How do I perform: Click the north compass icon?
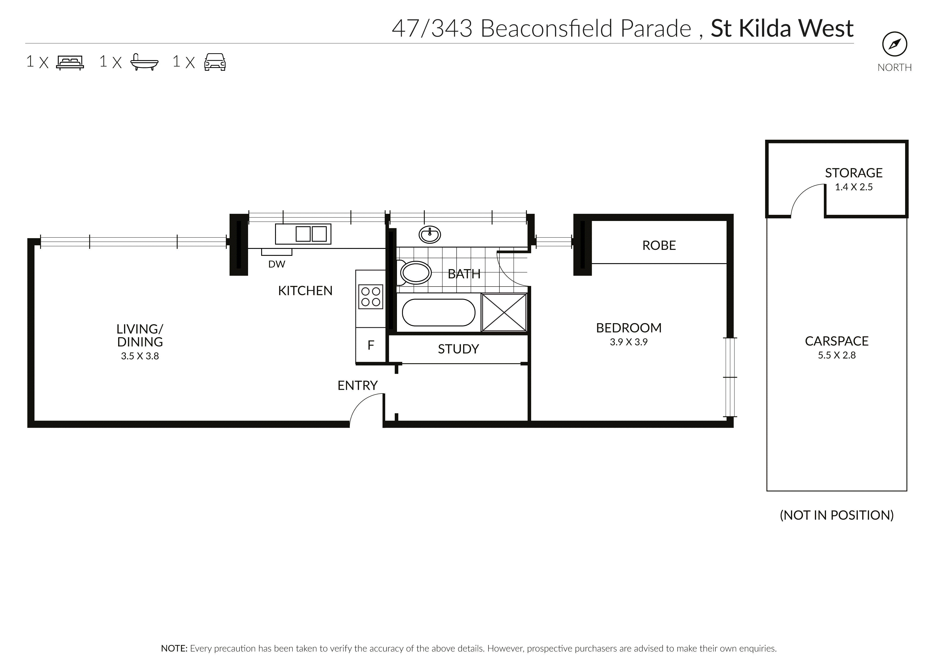894,44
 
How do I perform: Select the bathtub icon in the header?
144,62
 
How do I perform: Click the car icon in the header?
215,62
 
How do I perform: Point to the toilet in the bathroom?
414,272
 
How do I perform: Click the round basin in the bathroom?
429,235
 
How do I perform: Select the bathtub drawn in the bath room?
438,312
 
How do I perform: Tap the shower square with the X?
504,312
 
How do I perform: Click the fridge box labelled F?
370,345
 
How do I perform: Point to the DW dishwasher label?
277,264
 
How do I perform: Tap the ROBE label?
659,245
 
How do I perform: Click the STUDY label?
458,349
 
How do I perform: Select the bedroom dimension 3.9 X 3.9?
628,342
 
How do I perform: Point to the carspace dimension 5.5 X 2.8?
836,355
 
